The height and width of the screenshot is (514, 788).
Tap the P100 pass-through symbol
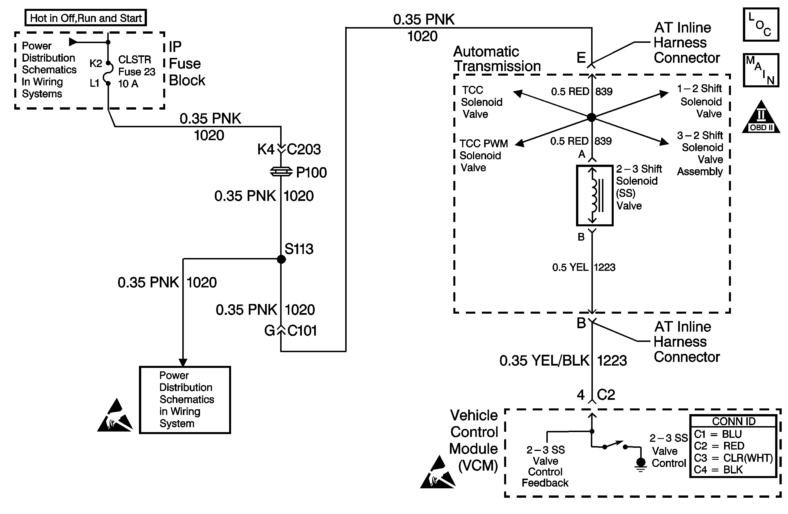click(x=281, y=172)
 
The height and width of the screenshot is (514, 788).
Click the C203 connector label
click(x=304, y=149)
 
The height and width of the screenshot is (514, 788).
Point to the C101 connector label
click(x=302, y=330)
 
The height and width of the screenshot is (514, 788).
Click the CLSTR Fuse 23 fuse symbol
click(x=108, y=73)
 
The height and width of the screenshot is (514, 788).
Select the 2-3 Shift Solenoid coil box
click(x=595, y=195)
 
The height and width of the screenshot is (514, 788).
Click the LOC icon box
click(x=761, y=25)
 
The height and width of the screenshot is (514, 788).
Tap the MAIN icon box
click(x=761, y=70)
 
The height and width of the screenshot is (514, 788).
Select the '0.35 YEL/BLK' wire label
click(x=544, y=360)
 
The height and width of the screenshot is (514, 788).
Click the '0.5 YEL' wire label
click(x=570, y=267)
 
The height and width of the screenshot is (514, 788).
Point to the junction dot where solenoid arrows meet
click(x=592, y=117)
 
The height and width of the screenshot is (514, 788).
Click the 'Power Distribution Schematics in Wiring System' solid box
click(x=185, y=400)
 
